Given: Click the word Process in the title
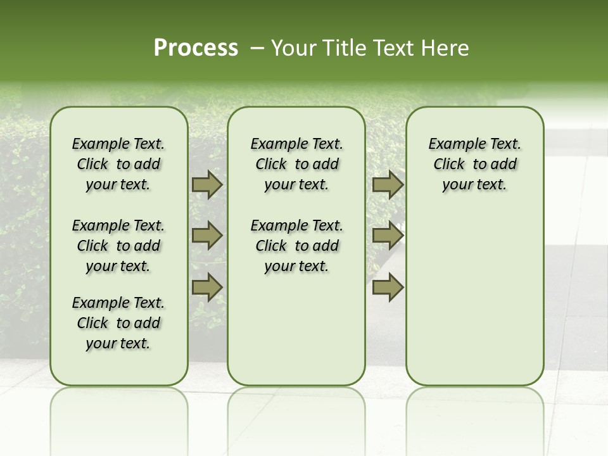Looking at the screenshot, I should (196, 48).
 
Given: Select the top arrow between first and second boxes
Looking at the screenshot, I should (206, 185).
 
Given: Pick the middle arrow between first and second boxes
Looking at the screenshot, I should (206, 236).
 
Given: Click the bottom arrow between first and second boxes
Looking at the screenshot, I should (206, 287).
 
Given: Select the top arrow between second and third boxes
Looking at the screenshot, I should (388, 185).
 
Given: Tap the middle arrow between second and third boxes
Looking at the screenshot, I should (388, 236).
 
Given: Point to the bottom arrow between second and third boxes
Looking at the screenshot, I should (388, 287).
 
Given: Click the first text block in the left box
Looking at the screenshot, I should (118, 164).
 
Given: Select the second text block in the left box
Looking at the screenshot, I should (118, 246).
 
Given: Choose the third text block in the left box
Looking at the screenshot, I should (118, 323).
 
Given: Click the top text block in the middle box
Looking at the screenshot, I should (297, 164).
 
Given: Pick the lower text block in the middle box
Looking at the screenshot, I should (297, 246).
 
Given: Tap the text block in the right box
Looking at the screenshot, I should (475, 164).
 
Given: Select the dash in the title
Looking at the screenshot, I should (257, 48).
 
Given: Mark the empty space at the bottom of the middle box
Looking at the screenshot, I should (297, 336).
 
